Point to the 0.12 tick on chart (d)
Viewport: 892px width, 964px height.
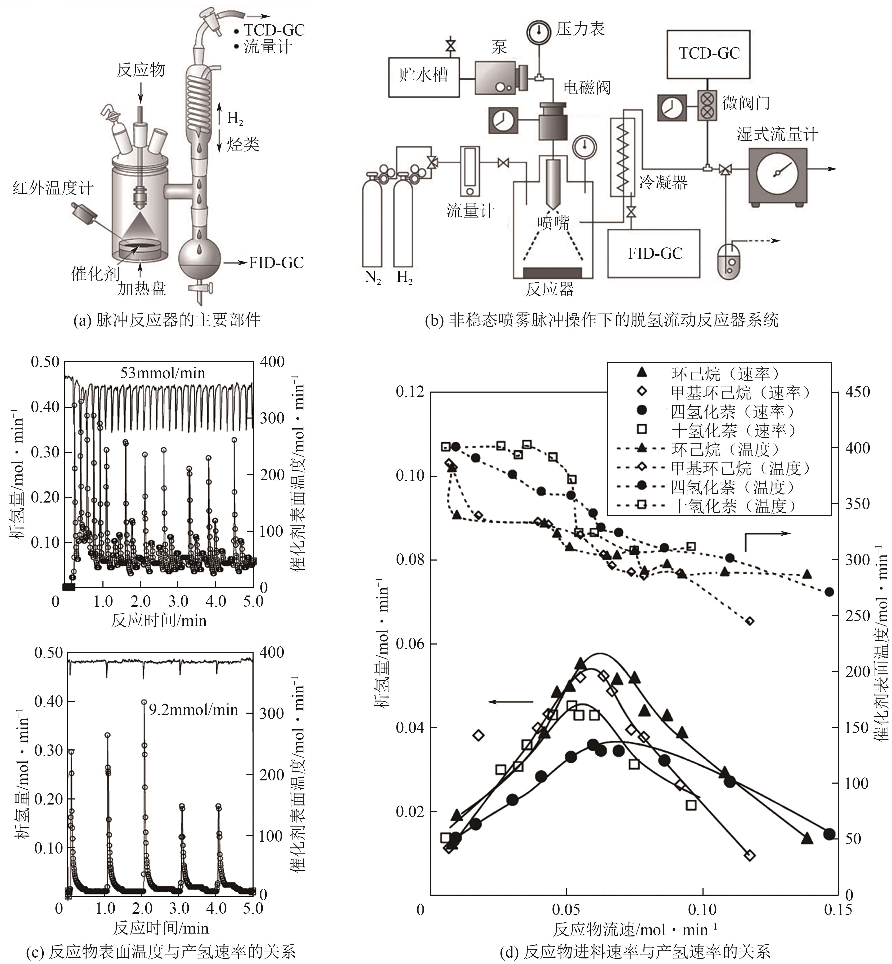pos(410,392)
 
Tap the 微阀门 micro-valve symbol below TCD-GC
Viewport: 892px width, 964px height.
pos(707,104)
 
